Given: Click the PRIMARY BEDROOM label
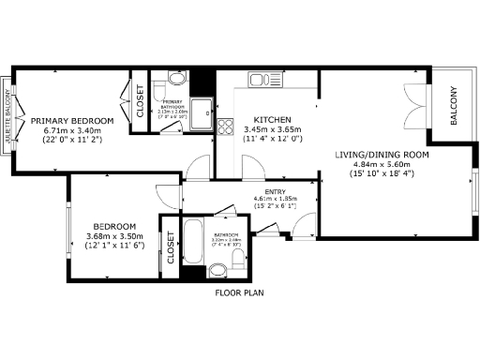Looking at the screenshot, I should [72, 121].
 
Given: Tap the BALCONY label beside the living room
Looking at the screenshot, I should [454, 107].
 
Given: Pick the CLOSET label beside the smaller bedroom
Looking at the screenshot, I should [171, 247].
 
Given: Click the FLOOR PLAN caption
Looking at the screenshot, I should [240, 293].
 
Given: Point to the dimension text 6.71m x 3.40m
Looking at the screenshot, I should [72, 130].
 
